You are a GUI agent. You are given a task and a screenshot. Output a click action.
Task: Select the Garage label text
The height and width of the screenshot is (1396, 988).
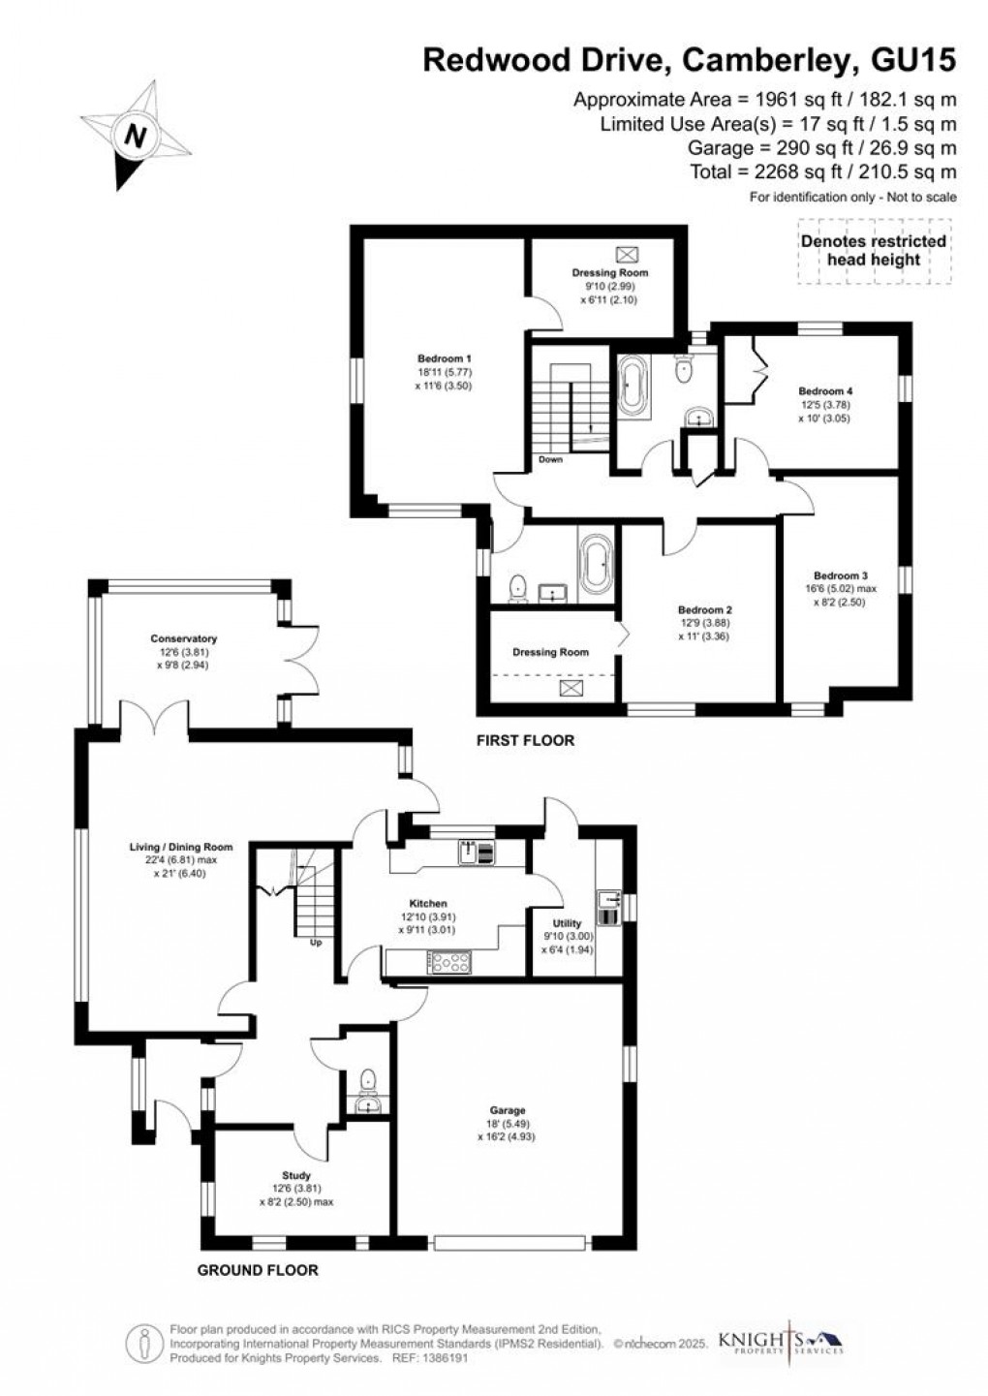click(x=507, y=1110)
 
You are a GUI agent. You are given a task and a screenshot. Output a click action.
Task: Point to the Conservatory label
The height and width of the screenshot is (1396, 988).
click(x=183, y=638)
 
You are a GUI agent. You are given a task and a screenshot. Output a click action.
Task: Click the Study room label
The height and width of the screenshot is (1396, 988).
click(x=296, y=1175)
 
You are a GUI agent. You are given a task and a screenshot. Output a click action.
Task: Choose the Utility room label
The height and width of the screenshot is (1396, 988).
click(x=567, y=923)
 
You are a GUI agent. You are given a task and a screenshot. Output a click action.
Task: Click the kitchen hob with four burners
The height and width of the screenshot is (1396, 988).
click(x=450, y=962)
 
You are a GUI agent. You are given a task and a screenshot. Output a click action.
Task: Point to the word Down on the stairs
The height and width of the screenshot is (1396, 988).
click(x=550, y=459)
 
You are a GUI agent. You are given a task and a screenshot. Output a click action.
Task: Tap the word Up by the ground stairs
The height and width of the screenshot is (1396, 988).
click(x=315, y=942)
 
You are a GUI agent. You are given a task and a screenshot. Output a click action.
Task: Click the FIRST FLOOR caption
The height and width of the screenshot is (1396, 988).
click(x=525, y=740)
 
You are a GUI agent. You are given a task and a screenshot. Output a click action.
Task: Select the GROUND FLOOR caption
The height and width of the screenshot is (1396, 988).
click(x=257, y=1270)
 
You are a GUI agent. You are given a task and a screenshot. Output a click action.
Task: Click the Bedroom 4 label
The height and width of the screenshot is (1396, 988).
click(x=825, y=391)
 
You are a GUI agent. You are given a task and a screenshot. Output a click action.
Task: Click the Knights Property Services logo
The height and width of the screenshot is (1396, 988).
click(x=781, y=1341)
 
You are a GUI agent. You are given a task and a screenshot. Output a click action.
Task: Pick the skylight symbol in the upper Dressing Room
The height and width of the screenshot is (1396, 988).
click(x=629, y=254)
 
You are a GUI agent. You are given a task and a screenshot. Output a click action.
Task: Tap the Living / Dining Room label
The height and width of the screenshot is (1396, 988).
click(x=181, y=847)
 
